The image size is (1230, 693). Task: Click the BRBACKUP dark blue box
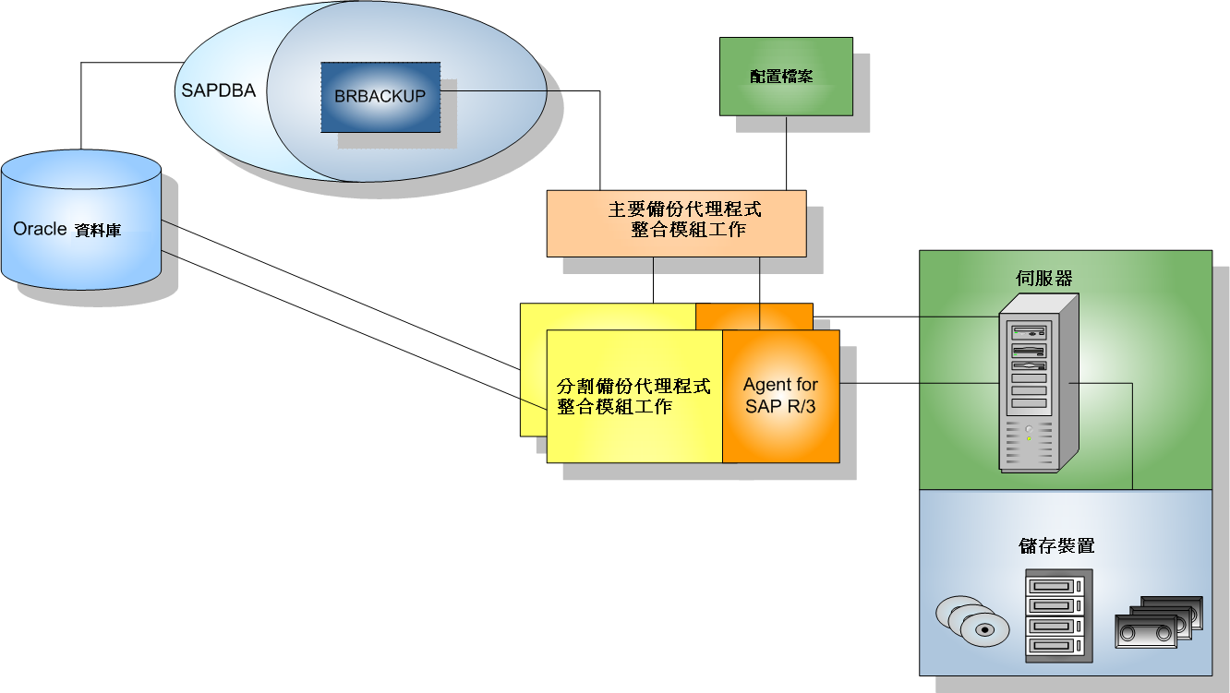[380, 97]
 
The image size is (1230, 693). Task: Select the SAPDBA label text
[218, 91]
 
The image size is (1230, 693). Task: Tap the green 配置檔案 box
[786, 77]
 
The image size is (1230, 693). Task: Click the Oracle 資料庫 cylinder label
[67, 229]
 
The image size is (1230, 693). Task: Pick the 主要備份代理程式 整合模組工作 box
[676, 222]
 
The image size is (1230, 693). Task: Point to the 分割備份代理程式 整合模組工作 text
[634, 396]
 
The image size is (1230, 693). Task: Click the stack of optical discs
[969, 620]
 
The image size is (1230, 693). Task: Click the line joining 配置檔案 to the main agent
[787, 152]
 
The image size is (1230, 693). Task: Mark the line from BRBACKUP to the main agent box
[600, 138]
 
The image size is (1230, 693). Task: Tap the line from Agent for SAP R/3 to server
[919, 382]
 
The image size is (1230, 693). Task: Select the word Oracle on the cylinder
[40, 229]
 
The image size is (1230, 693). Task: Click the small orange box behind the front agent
[754, 316]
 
